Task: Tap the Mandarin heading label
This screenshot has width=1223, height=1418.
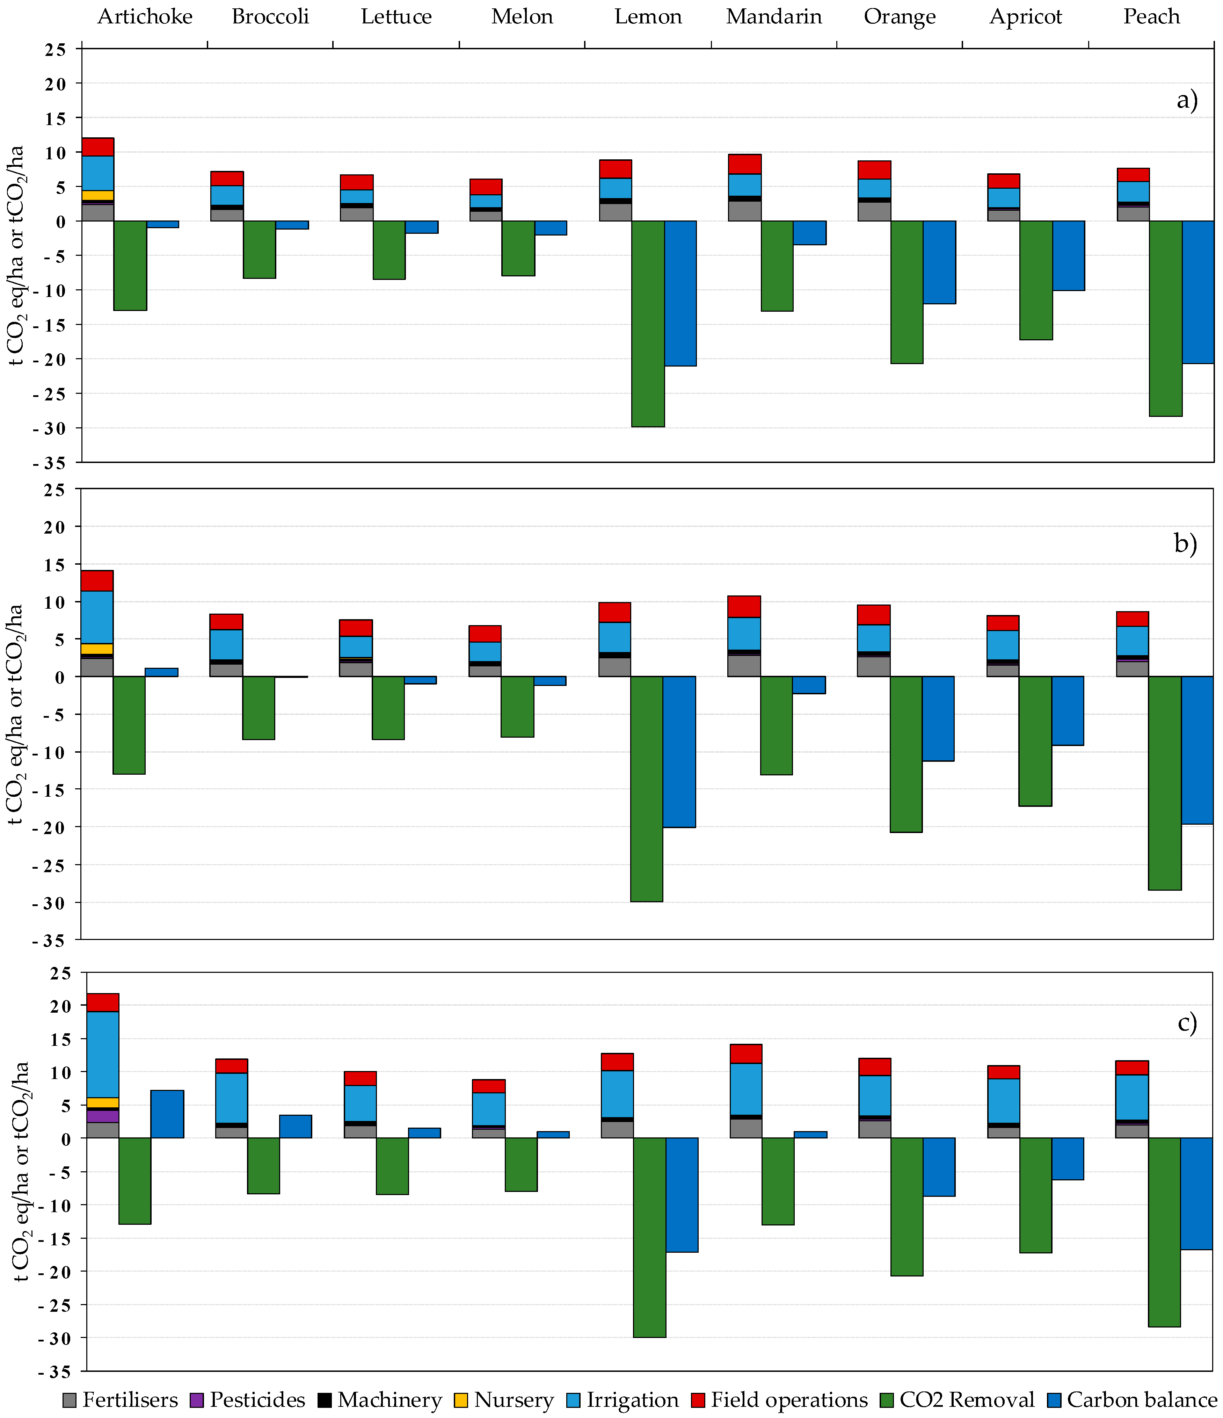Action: click(x=774, y=16)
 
